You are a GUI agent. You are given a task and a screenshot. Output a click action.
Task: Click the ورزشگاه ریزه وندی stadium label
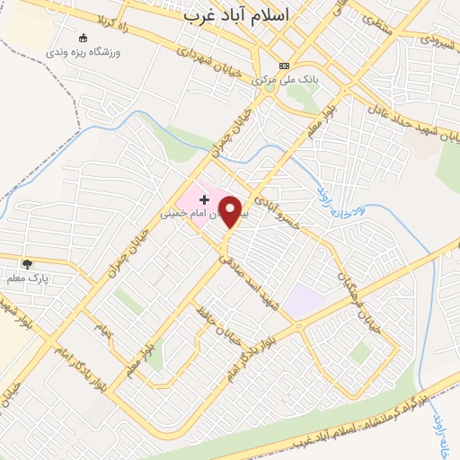click(x=85, y=53)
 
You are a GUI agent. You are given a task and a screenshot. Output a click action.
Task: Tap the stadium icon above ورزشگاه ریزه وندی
click(x=84, y=39)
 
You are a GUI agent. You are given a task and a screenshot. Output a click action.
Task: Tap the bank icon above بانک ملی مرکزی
click(x=285, y=65)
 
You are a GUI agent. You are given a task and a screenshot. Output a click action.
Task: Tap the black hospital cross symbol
click(x=204, y=198)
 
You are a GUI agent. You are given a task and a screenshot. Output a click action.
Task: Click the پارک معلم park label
click(x=27, y=278)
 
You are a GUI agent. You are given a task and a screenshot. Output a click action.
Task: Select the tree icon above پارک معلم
click(x=27, y=263)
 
